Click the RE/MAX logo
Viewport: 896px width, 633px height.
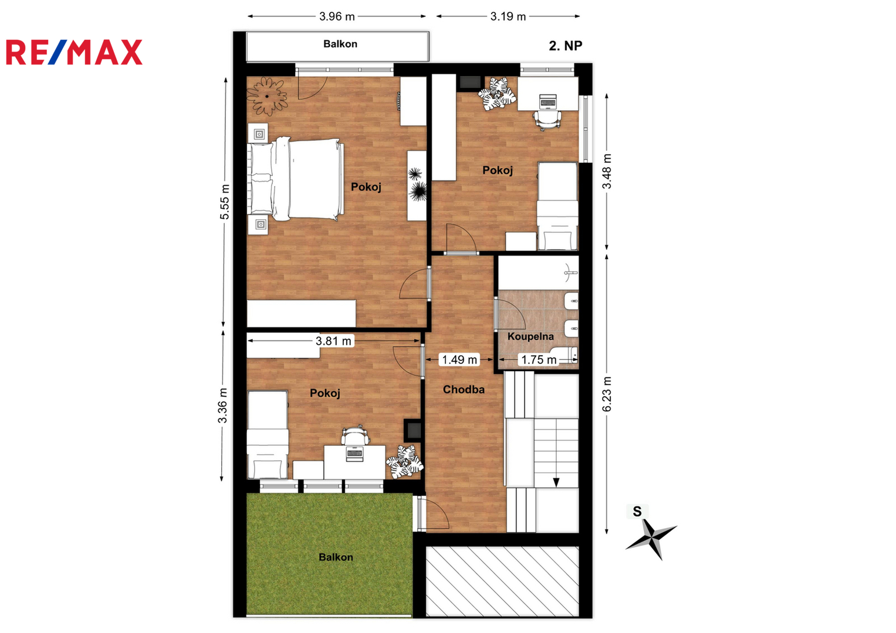click(x=74, y=52)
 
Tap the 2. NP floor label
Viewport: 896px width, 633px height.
click(x=565, y=46)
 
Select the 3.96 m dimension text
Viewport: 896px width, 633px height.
click(x=337, y=16)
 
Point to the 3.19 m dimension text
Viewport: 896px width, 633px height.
click(x=508, y=16)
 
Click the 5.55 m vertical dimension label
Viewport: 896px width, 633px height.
click(x=225, y=202)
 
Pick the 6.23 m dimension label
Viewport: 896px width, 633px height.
click(x=607, y=394)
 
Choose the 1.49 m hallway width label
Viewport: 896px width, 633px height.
click(x=459, y=360)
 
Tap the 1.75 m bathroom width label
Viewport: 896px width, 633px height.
click(x=539, y=360)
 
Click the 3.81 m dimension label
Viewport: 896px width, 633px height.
click(x=333, y=341)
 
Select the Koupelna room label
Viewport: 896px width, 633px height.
click(x=530, y=336)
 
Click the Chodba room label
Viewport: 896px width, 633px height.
click(x=464, y=389)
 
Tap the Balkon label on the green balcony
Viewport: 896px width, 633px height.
click(x=336, y=557)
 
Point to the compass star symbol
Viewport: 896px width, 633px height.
click(x=651, y=538)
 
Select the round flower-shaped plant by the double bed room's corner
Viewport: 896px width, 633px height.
click(x=267, y=96)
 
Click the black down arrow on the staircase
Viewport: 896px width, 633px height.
click(x=556, y=482)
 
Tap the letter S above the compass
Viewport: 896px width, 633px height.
click(x=637, y=511)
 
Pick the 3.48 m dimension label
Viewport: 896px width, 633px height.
click(x=607, y=171)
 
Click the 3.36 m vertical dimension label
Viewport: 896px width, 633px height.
click(x=222, y=405)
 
